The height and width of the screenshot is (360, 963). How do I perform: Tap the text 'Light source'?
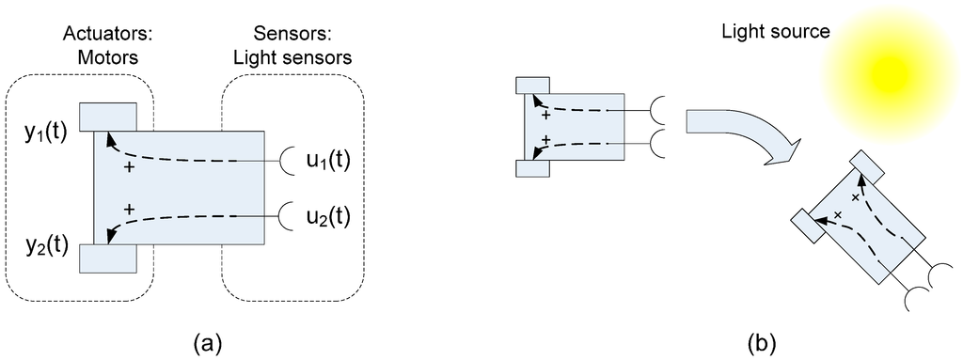pos(775,32)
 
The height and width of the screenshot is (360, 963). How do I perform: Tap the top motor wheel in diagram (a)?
pos(107,117)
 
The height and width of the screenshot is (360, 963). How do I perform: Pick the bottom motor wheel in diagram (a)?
pos(107,258)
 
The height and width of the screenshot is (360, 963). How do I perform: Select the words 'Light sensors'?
pos(293,58)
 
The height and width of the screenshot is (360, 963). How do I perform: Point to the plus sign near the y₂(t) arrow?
pos(129,209)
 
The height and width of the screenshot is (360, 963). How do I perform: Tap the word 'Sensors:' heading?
pos(293,36)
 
